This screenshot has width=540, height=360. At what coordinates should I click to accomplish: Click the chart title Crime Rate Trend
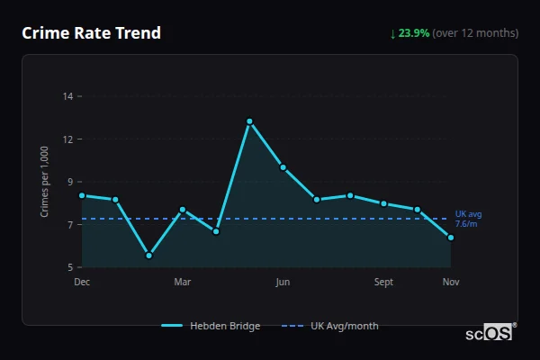[92, 33]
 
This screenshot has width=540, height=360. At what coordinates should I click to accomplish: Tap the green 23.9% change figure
[415, 33]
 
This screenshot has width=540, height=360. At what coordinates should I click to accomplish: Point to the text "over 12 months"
[475, 33]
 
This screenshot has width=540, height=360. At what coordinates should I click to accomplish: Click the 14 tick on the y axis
[67, 95]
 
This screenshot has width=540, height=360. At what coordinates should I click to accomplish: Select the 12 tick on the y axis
[67, 139]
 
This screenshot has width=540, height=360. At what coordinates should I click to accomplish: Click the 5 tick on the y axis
[70, 267]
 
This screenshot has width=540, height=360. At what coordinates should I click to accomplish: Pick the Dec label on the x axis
[82, 282]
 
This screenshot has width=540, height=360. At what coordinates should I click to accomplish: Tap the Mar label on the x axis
[183, 282]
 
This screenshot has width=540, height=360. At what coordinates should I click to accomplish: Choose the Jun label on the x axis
[283, 282]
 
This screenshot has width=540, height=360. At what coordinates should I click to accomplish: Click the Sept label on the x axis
[383, 282]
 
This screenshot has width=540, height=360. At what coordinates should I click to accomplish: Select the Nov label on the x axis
[451, 282]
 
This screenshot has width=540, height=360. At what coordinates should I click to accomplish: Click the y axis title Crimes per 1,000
[45, 181]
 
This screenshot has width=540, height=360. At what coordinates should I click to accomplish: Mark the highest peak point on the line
[249, 121]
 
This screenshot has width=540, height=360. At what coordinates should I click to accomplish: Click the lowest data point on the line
[148, 256]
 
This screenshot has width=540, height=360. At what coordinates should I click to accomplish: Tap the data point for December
[82, 195]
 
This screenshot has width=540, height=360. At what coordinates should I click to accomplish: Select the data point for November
[451, 238]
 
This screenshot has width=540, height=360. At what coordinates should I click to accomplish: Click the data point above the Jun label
[283, 167]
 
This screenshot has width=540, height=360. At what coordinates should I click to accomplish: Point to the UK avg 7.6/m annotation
[468, 219]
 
